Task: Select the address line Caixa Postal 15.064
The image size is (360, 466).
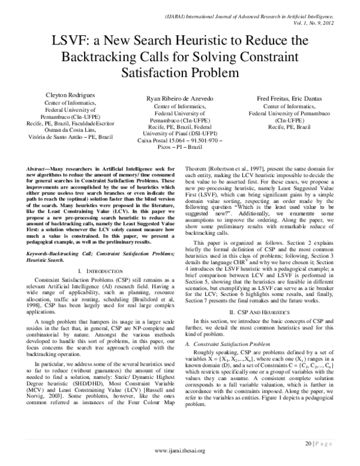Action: [180, 141]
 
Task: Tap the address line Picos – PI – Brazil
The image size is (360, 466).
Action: [181, 148]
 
